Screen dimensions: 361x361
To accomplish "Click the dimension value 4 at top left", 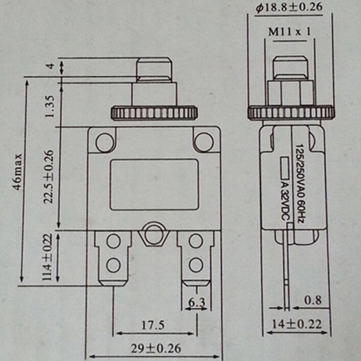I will [x=51, y=66].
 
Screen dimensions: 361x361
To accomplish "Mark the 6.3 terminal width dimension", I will [x=196, y=302].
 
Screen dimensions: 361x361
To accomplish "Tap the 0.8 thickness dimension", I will [x=313, y=300].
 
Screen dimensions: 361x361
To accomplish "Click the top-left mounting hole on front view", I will [x=104, y=142].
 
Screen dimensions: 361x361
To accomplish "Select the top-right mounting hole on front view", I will [x=204, y=142].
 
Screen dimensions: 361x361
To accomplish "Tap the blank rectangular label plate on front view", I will [x=154, y=185].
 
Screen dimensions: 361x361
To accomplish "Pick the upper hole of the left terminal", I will [x=113, y=241].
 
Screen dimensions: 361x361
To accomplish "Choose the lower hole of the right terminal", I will [x=195, y=265].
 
